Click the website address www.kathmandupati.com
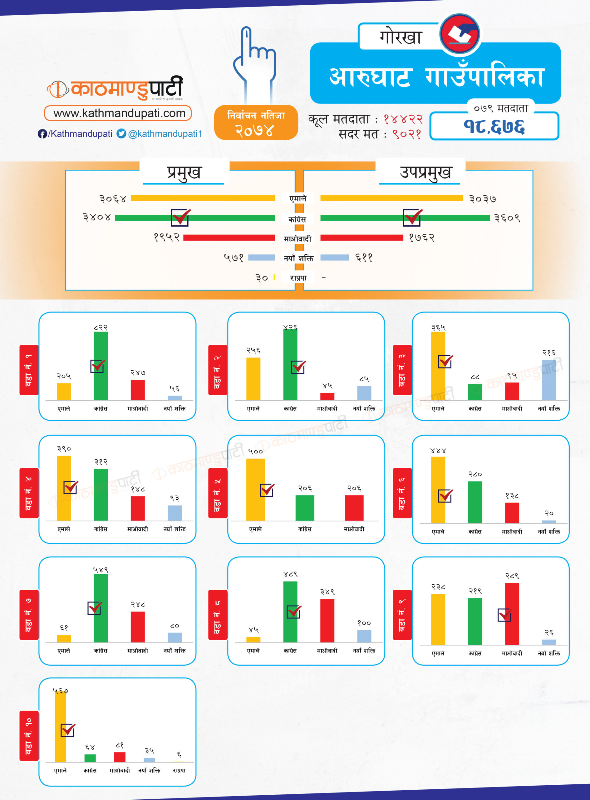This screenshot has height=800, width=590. pos(119,113)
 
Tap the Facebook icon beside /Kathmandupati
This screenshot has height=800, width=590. pos(42,134)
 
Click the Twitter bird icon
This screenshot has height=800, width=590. pos(121,133)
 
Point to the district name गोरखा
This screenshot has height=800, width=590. pos(401,37)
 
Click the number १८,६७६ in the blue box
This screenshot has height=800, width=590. pos(494,127)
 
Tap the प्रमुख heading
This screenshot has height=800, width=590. pos(184,172)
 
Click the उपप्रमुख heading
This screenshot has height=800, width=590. pos(425,172)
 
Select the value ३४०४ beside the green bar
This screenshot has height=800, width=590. pos(97,217)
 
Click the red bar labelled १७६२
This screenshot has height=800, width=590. pos(361,238)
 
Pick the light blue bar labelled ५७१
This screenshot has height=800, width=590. pos(261,257)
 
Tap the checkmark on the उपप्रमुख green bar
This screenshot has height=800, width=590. pos(412,217)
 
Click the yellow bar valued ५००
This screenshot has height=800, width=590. pos(255,489)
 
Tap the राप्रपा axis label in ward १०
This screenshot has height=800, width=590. pos(179,770)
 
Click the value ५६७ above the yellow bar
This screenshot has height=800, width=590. pos(60,691)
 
